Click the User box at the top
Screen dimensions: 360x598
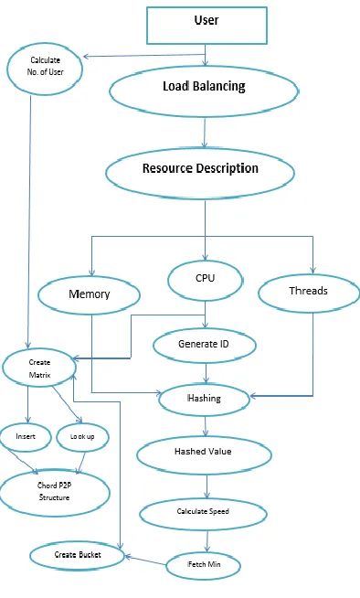point(206,26)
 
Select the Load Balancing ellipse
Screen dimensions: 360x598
point(204,91)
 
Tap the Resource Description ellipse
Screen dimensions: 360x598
point(200,173)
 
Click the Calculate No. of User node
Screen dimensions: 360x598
point(45,69)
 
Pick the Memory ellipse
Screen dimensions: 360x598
point(90,294)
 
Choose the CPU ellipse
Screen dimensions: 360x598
point(206,281)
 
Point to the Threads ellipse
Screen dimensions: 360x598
point(309,293)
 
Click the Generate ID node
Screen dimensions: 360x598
point(205,345)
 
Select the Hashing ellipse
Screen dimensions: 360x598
point(204,400)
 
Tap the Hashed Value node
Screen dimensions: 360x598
point(204,454)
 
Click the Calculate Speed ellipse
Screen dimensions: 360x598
point(203,514)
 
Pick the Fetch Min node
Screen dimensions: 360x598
point(204,565)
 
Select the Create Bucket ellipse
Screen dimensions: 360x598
point(78,557)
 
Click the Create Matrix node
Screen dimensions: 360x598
point(39,368)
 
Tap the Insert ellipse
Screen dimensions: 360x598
point(26,437)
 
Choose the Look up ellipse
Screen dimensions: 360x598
point(82,437)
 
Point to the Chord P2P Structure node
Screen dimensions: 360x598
point(55,493)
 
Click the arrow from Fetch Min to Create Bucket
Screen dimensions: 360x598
point(146,561)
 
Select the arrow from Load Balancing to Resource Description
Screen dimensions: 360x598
point(205,133)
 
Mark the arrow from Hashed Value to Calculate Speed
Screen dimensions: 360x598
point(206,486)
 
